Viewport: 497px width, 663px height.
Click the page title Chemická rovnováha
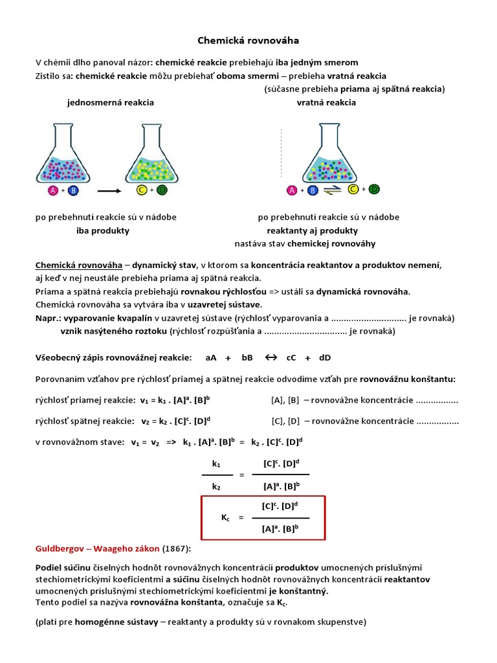pyautogui.click(x=248, y=41)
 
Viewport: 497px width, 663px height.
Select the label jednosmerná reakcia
pyautogui.click(x=111, y=102)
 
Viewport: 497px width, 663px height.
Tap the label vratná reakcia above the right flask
pyautogui.click(x=326, y=102)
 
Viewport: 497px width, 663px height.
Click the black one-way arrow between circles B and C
pyautogui.click(x=109, y=191)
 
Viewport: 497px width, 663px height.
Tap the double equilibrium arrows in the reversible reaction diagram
pyautogui.click(x=333, y=190)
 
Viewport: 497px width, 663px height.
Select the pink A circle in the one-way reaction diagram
pyautogui.click(x=54, y=190)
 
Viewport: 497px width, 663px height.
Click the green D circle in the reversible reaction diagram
pyautogui.click(x=374, y=189)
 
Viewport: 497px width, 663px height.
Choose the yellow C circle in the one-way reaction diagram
pyautogui.click(x=142, y=190)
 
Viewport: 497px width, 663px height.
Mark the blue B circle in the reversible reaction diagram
pyautogui.click(x=313, y=190)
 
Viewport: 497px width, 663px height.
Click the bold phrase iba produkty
pyautogui.click(x=103, y=230)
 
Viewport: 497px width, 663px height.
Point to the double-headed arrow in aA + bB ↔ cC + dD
pyautogui.click(x=271, y=357)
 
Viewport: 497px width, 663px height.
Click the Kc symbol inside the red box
pyautogui.click(x=225, y=517)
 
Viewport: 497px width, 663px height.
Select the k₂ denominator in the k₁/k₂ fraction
pyautogui.click(x=216, y=486)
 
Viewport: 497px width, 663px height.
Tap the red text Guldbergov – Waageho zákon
pyautogui.click(x=97, y=548)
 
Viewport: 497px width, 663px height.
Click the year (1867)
pyautogui.click(x=177, y=548)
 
